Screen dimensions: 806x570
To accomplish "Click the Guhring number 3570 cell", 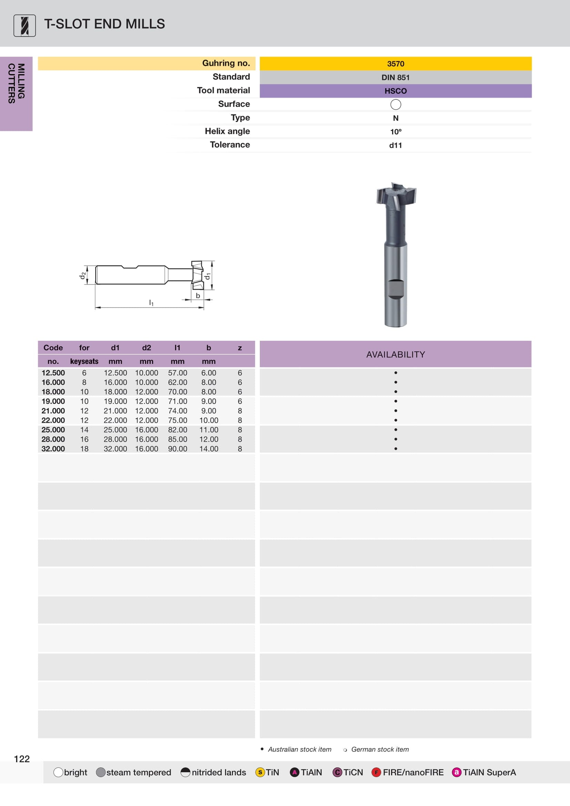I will pos(396,64).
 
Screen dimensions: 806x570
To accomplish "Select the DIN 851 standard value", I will pos(396,77).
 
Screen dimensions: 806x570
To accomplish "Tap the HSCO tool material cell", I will pos(396,91).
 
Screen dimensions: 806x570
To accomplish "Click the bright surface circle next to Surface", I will pos(396,104).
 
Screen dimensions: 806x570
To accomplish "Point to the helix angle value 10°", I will pos(396,132).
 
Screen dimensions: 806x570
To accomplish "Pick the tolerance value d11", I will pos(396,145).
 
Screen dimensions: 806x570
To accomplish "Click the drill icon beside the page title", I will pos(24,26).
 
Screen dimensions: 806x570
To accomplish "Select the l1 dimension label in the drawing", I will pos(151,302).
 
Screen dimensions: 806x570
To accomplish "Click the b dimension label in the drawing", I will pos(198,295).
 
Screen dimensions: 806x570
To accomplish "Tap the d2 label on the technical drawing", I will pos(82,275).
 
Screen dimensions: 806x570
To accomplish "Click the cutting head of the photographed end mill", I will pos(396,195).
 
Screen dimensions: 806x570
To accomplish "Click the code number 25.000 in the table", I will pos(53,430).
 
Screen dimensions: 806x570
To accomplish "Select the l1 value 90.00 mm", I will pos(177,449).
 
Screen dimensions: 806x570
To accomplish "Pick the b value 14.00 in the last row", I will pos(209,449).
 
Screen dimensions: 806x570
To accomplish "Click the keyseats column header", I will pos(84,361).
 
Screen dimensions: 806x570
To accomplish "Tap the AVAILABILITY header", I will pos(396,354).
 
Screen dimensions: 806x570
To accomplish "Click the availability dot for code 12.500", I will pos(396,373).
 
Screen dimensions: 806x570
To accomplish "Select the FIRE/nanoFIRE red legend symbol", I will pos(376,772).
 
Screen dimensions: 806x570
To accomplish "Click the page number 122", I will pos(22,759).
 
